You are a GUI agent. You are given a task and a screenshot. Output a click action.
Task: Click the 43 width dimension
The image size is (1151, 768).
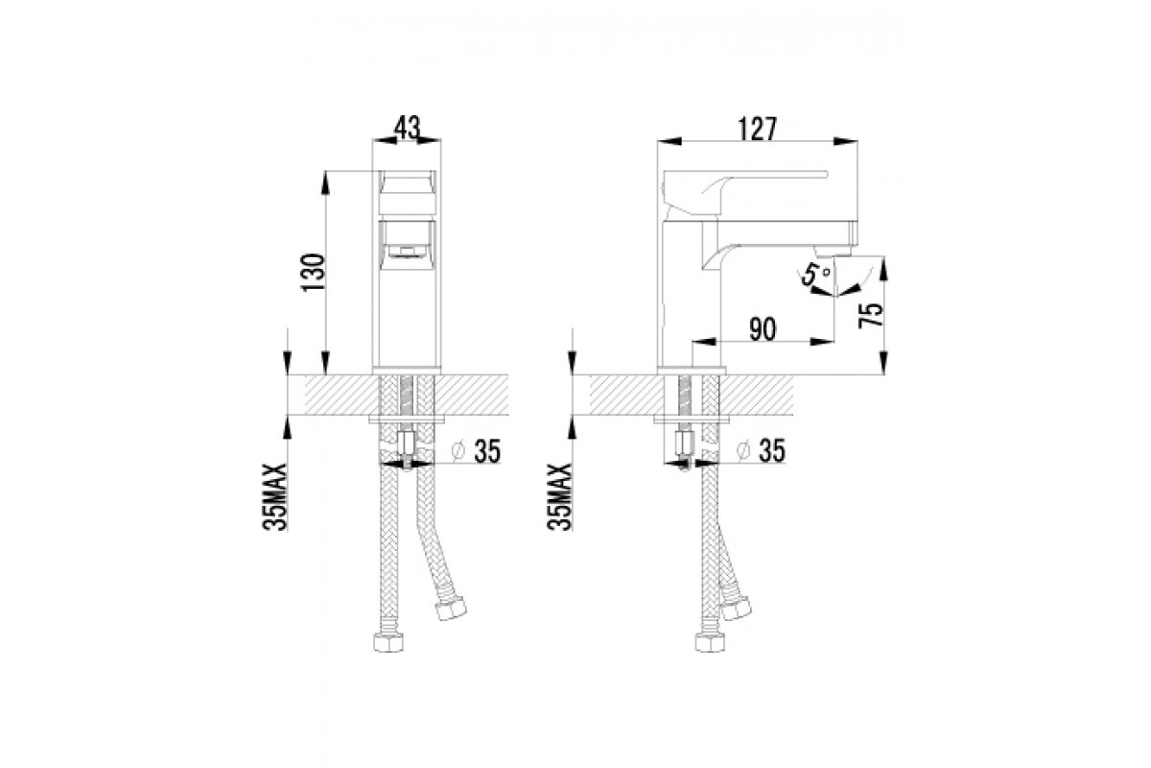pos(407,128)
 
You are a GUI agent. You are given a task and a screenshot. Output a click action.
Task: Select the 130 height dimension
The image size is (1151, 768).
pos(314,272)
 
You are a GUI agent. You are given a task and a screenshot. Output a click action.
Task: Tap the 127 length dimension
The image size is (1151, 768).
pos(758,129)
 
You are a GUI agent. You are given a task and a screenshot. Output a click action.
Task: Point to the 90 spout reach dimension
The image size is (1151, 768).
pos(763,329)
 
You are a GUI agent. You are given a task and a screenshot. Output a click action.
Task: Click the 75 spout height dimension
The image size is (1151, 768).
pos(871,314)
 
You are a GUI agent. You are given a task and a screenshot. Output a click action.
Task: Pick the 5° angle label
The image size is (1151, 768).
pos(813,275)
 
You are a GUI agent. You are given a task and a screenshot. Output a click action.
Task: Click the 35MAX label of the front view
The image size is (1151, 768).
pos(275,497)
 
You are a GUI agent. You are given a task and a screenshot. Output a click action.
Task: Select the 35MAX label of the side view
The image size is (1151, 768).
pos(559,497)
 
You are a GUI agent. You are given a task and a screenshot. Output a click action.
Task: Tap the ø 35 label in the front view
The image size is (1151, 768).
pos(476,451)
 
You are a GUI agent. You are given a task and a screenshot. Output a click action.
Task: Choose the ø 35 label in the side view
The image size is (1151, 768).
pos(761,450)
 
